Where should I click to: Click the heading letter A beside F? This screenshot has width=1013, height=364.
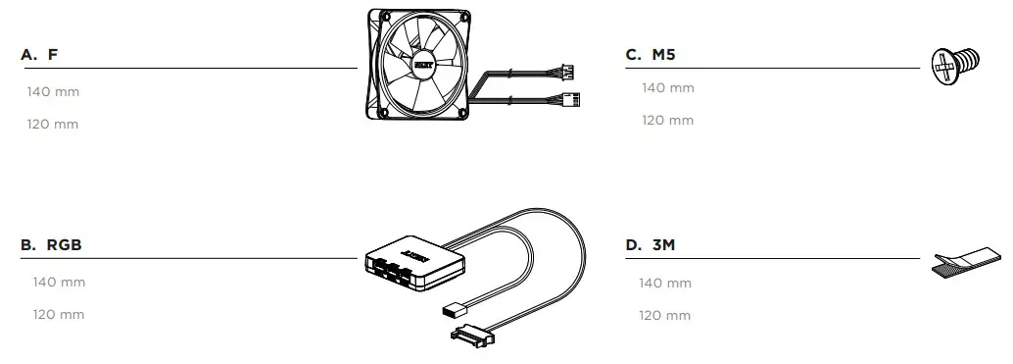click(27, 55)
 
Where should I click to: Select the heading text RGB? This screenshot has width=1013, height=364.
click(64, 245)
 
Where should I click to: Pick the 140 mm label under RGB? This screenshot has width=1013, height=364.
click(59, 283)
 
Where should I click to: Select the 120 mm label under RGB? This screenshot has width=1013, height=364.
click(59, 315)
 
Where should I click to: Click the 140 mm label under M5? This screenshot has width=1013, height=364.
click(667, 88)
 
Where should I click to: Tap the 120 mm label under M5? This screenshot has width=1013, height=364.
click(667, 121)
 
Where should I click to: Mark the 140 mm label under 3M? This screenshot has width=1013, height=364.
click(665, 284)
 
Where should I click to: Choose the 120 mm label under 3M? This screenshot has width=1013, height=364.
click(665, 316)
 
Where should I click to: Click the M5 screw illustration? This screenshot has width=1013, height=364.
click(953, 65)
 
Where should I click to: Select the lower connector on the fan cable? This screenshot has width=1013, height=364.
click(571, 99)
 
